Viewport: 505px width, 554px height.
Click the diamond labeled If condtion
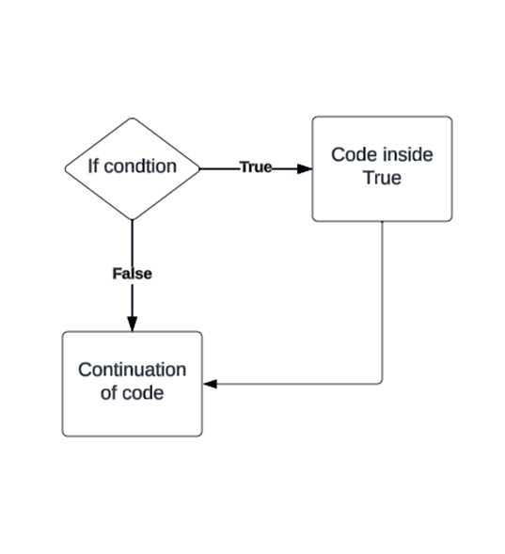tap(132, 168)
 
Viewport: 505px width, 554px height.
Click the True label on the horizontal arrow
tap(255, 167)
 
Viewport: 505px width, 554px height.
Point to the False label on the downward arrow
tap(132, 274)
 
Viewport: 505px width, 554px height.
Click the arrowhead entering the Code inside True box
tap(304, 168)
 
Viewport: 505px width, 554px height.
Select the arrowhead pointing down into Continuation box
tap(132, 323)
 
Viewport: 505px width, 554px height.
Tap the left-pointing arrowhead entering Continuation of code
tap(211, 384)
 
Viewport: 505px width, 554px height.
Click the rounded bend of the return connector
tap(380, 381)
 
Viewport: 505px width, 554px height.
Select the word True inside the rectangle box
tap(382, 178)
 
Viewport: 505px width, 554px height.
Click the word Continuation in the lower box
tap(132, 370)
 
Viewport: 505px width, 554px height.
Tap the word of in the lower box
tap(109, 393)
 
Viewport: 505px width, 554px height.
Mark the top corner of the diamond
tap(132, 119)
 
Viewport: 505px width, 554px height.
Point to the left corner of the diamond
tap(65, 168)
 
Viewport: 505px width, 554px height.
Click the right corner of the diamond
tap(200, 168)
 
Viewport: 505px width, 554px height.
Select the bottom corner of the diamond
tap(132, 218)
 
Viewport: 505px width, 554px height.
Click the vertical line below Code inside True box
tap(382, 301)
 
